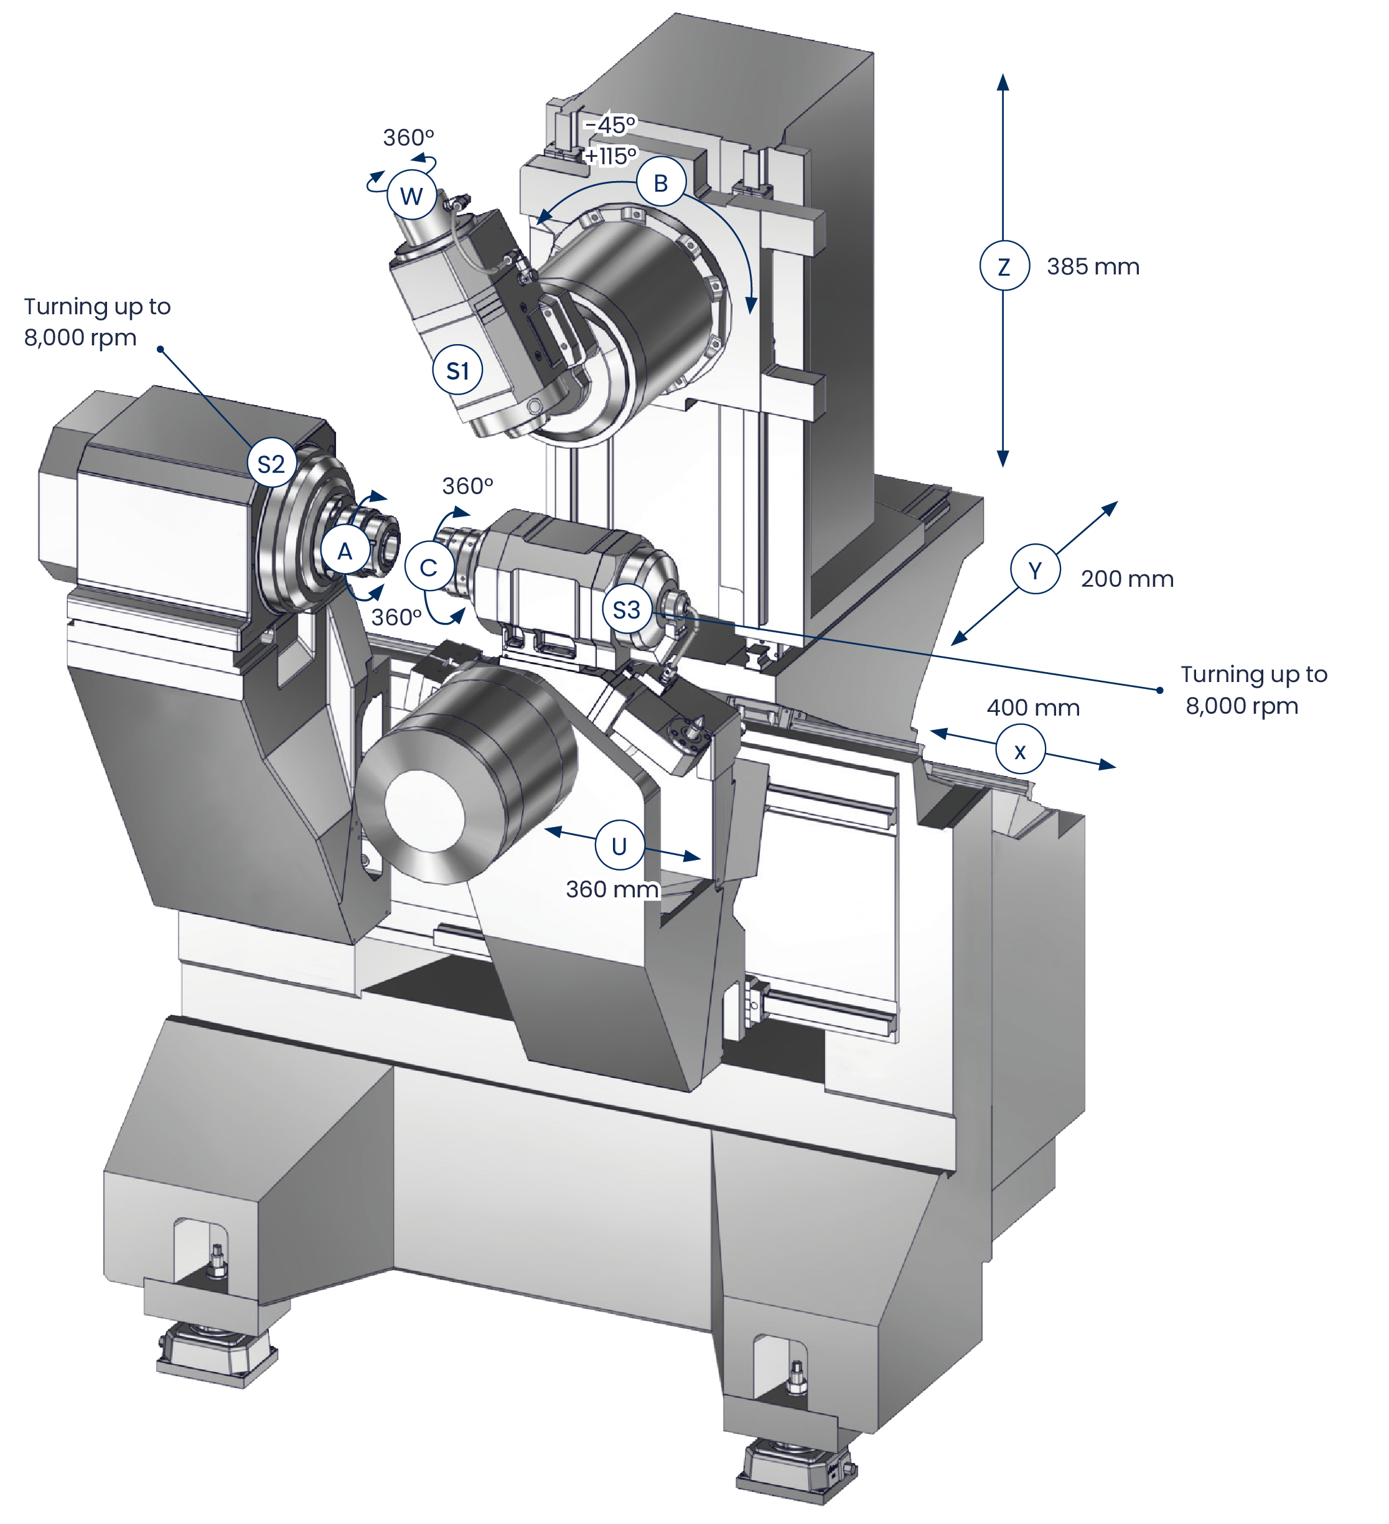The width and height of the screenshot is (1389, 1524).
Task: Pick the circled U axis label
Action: [x=619, y=845]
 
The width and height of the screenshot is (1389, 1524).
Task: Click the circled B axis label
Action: [x=661, y=182]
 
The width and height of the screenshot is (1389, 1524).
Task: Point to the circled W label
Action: [x=411, y=195]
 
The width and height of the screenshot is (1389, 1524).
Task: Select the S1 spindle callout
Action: [x=457, y=370]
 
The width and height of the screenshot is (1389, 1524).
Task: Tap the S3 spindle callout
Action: [x=627, y=609]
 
